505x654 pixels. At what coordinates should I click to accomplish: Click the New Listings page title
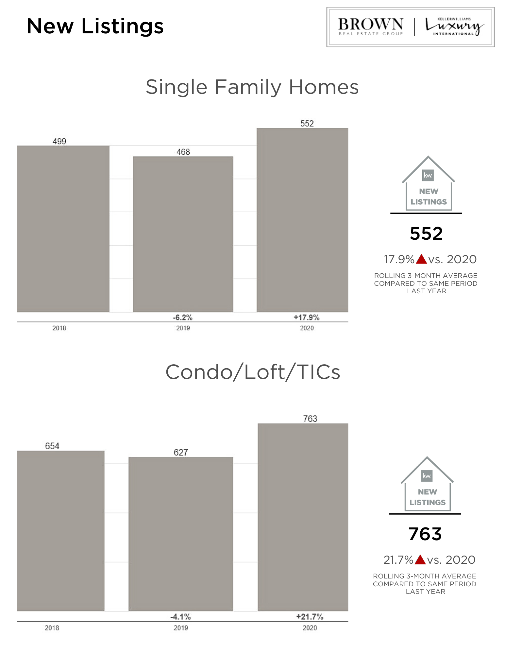[x=95, y=26]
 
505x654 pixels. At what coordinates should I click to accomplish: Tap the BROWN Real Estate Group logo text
[x=370, y=26]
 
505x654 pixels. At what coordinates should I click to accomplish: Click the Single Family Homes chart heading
[x=252, y=87]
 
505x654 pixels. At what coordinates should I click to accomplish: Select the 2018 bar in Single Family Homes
[x=63, y=229]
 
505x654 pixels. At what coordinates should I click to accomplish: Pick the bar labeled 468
[x=183, y=234]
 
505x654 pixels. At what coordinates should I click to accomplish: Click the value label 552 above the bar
[x=307, y=124]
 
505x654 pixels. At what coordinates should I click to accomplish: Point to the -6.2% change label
[x=183, y=318]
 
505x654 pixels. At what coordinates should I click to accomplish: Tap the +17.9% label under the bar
[x=307, y=318]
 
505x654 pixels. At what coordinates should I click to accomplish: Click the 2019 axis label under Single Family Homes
[x=183, y=328]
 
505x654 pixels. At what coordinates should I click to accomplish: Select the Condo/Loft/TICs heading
[x=253, y=372]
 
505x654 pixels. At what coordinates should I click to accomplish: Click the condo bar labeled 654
[x=60, y=530]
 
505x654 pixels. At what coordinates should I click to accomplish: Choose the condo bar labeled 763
[x=303, y=517]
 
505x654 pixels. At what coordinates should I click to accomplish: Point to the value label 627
[x=181, y=452]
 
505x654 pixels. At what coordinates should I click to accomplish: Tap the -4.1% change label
[x=181, y=617]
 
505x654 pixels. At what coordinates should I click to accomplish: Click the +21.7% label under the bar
[x=310, y=617]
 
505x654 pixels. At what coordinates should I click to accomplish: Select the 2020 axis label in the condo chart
[x=310, y=628]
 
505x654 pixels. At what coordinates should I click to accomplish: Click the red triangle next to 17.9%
[x=422, y=259]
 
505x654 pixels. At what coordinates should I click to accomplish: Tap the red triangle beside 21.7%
[x=420, y=560]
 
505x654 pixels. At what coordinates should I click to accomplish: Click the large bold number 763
[x=425, y=534]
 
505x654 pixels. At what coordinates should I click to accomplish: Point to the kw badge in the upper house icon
[x=428, y=175]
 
